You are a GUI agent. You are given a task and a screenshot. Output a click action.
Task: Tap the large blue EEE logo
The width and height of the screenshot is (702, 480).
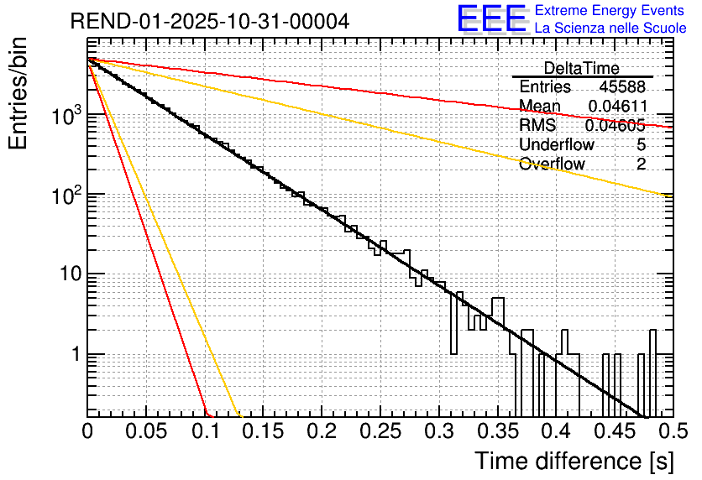(x=491, y=20)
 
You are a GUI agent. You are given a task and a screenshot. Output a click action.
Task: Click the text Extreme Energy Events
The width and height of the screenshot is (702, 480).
(x=610, y=11)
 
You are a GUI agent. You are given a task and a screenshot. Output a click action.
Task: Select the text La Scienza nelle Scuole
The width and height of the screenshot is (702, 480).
(x=610, y=29)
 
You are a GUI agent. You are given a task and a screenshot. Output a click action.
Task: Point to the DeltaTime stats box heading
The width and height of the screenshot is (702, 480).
(x=581, y=68)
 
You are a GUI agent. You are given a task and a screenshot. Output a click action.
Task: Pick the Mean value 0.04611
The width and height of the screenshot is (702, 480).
(x=617, y=107)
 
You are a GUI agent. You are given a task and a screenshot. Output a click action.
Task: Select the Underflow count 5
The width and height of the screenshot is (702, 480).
(x=642, y=144)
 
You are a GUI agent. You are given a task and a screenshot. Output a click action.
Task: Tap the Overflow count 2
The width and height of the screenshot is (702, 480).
(x=642, y=164)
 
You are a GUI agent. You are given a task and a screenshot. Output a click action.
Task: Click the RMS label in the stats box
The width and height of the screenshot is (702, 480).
(x=537, y=126)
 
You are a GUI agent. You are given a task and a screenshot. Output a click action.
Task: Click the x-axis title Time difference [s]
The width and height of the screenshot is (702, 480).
(x=573, y=461)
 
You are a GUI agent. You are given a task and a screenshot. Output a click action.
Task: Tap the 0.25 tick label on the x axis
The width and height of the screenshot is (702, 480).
(x=380, y=431)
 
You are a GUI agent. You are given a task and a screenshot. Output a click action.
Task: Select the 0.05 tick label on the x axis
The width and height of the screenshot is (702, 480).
(x=146, y=431)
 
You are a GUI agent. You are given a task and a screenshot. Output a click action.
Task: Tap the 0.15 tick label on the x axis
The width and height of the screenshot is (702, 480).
(x=263, y=431)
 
